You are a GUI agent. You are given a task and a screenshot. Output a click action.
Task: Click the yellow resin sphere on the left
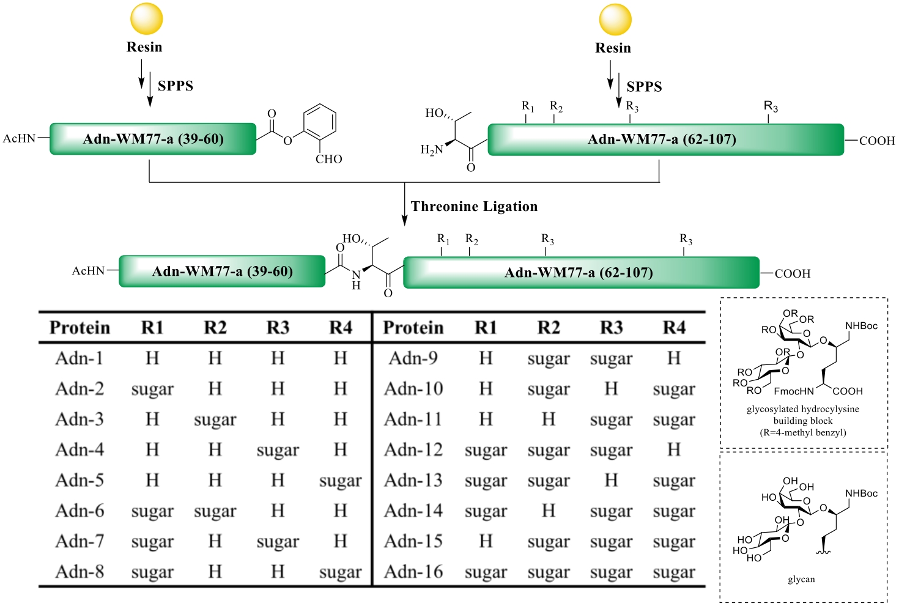tap(146, 18)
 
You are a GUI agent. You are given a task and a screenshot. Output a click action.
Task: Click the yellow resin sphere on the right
tap(615, 19)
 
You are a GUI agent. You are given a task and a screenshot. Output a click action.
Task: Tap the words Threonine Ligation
tap(474, 207)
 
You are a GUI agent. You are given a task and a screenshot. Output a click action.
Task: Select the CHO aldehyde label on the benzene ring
tap(328, 159)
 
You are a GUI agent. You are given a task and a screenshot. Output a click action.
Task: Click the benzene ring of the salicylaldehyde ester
tap(319, 122)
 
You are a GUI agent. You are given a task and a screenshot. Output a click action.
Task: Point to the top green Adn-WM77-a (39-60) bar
tap(153, 139)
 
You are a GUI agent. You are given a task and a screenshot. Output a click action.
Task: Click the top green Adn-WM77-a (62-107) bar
tap(665, 139)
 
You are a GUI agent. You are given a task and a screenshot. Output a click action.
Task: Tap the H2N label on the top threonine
tap(432, 150)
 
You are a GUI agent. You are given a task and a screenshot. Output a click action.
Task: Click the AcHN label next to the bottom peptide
tap(88, 271)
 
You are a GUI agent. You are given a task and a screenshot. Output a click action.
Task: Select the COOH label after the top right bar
tap(876, 141)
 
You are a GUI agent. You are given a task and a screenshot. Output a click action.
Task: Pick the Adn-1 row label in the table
tap(80, 358)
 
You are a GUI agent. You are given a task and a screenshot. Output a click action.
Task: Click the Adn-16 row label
tap(413, 572)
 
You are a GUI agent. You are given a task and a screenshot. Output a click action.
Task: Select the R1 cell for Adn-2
tap(152, 390)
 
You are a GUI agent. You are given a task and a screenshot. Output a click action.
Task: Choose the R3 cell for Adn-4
tap(278, 451)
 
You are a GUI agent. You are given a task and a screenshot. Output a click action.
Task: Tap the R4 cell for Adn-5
tap(340, 481)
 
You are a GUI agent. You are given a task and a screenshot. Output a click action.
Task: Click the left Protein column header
tap(80, 328)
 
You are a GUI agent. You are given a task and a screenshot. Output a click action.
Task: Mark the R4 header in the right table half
tap(674, 328)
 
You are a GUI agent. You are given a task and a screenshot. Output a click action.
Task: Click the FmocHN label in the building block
tap(794, 391)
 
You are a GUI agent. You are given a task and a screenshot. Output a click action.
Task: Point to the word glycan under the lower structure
tap(801, 579)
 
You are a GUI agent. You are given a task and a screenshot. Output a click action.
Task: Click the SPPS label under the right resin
tap(644, 87)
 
